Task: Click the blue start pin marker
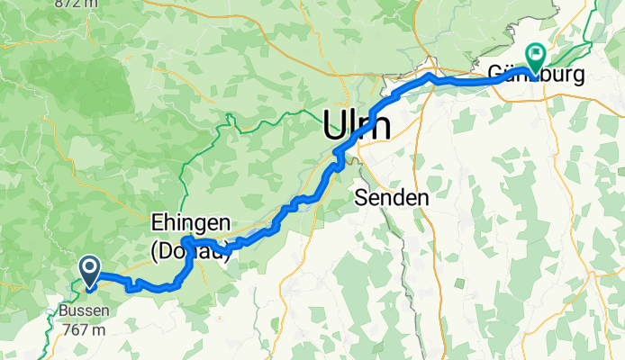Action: [x=90, y=272]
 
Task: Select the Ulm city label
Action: [x=358, y=124]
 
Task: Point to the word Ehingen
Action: [x=190, y=223]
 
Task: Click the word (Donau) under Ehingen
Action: [x=190, y=251]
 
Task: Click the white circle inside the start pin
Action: [x=90, y=266]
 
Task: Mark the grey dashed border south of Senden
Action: [x=403, y=270]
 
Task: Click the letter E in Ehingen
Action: [x=155, y=223]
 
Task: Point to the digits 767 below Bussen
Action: [x=73, y=329]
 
